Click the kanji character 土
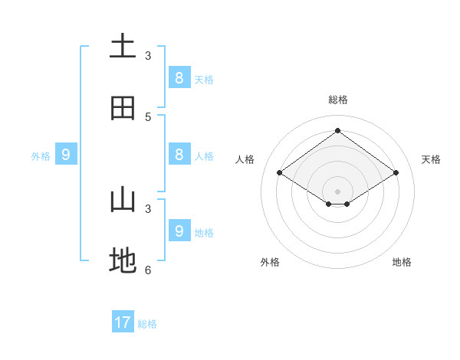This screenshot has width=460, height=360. pos(123,45)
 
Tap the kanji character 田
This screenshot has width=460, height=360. pos(123,108)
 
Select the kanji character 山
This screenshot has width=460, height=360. pos(123,200)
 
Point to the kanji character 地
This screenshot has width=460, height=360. pos(123,262)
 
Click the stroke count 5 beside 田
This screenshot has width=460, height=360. pos(148,117)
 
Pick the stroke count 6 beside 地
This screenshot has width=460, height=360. pos(148,270)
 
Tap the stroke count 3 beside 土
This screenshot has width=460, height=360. pos(148,56)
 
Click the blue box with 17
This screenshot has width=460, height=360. pos(123,322)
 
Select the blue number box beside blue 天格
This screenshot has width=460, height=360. pos(179,77)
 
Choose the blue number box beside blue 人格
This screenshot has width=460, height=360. pos(179,154)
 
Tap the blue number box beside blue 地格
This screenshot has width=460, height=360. pos(179,231)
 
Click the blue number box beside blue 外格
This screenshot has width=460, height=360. pos(66,154)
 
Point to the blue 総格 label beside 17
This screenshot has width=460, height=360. pos(147,324)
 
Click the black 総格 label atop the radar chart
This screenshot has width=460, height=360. pos(338,100)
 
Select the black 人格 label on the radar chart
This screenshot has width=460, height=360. pos(245,159)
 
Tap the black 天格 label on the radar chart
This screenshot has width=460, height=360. pos(431,159)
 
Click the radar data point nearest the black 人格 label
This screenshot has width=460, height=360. pos(279,173)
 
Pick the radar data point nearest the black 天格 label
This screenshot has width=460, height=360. pos(396,173)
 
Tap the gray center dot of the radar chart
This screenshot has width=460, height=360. pos(337,191)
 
